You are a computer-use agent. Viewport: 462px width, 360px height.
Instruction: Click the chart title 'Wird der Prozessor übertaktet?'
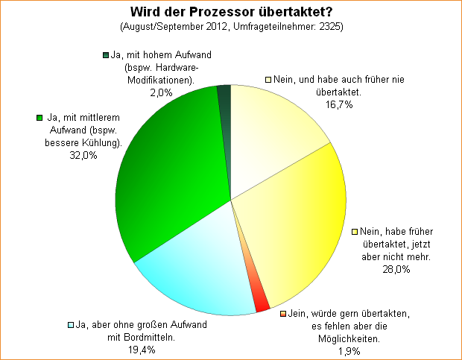coord(231,12)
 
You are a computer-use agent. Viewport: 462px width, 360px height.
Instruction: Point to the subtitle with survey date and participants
coord(231,27)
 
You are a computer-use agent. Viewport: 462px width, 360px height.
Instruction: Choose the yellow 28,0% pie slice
coord(298,224)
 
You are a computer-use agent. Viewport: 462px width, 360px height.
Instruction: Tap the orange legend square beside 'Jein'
coord(283,314)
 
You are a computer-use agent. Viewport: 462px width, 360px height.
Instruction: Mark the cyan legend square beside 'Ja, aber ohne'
coord(71,325)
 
